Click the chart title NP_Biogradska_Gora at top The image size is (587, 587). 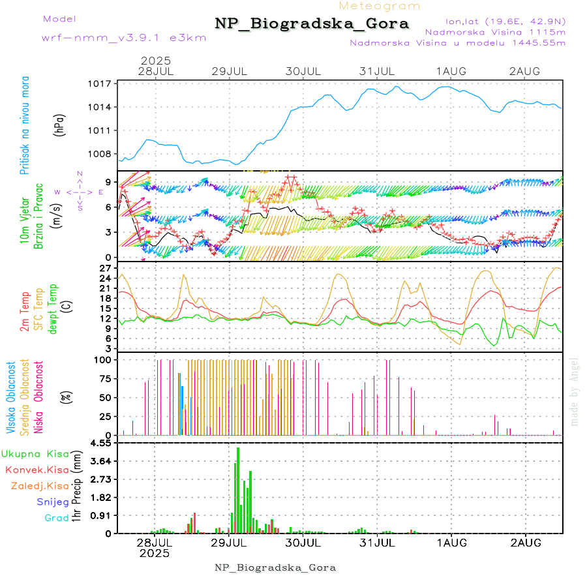tap(312, 24)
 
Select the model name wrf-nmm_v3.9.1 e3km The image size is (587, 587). tap(124, 37)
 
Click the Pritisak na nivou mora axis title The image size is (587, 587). tap(25, 126)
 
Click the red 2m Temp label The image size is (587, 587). tap(25, 312)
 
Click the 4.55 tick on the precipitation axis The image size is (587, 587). tap(101, 443)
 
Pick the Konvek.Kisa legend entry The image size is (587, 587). tap(37, 470)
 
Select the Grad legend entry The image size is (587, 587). tap(57, 518)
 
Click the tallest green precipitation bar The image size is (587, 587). tap(238, 490)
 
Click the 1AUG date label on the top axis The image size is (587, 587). tap(451, 70)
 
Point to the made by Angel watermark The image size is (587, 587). tap(575, 391)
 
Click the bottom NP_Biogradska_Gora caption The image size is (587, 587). tap(275, 567)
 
